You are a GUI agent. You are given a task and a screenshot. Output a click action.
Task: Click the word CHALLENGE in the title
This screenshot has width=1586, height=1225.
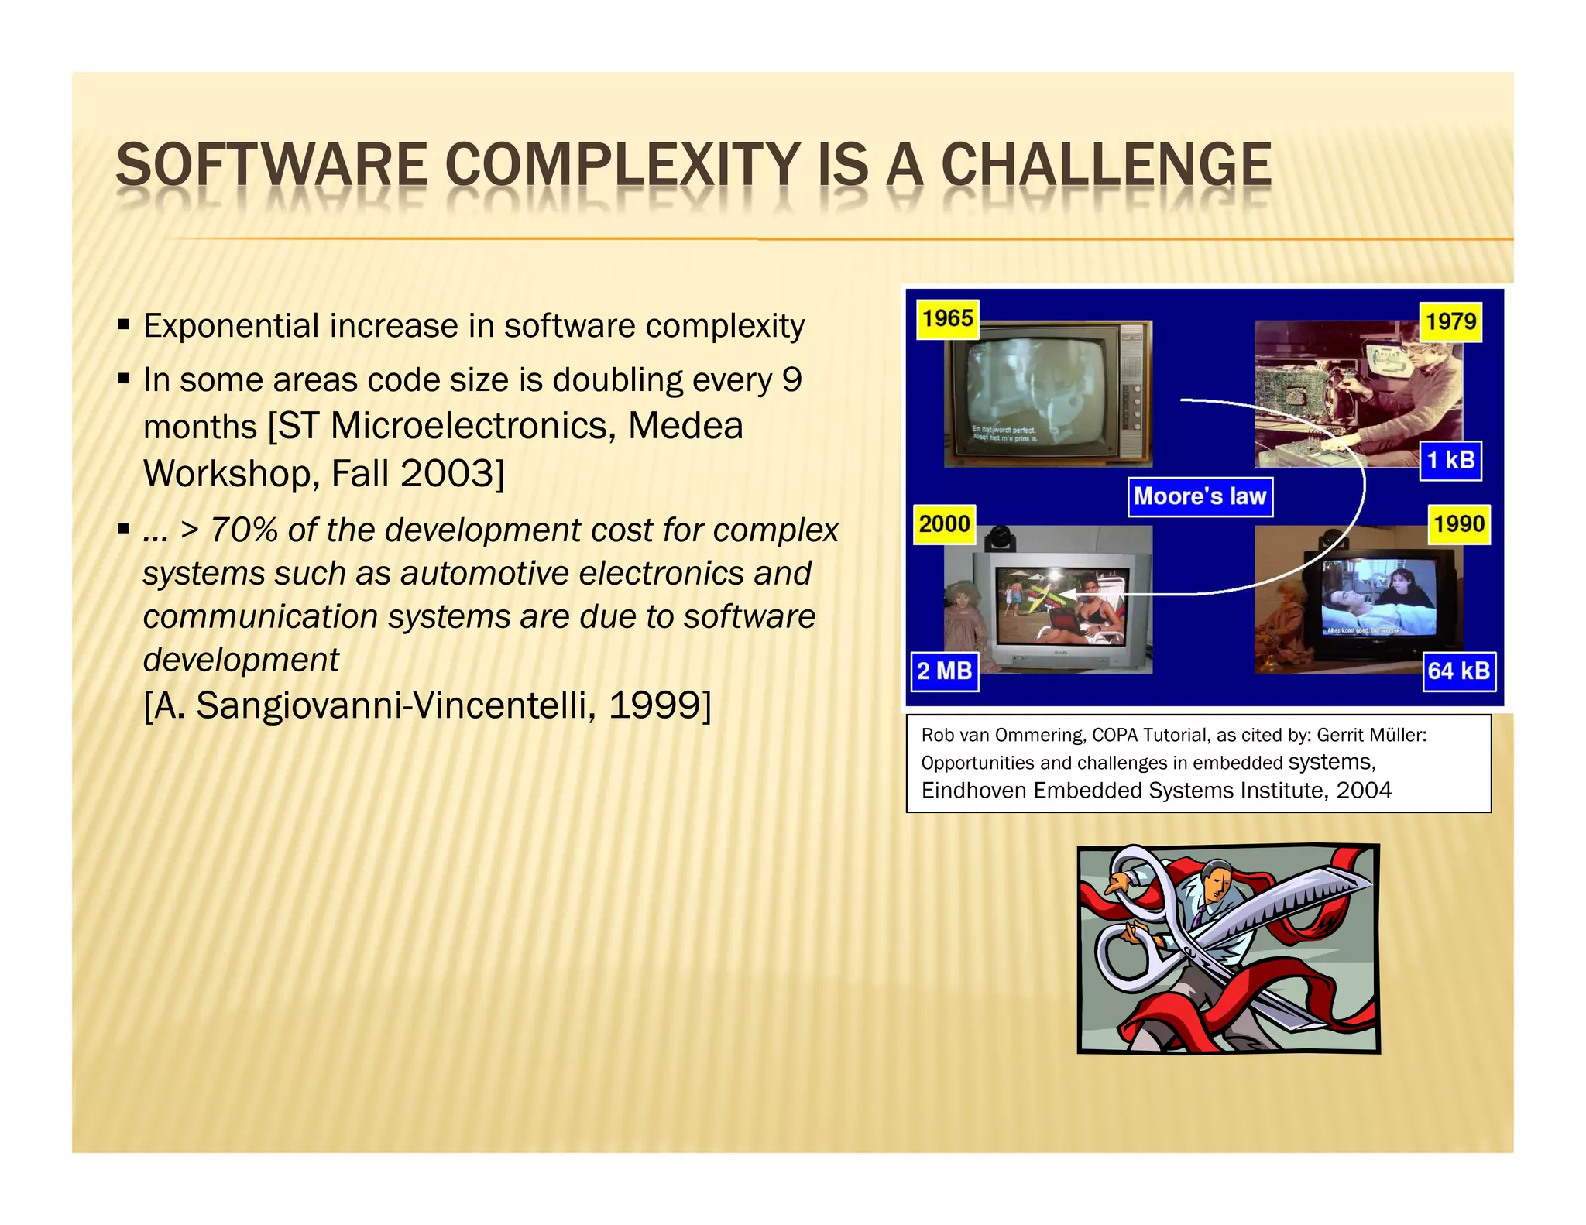pos(1105,165)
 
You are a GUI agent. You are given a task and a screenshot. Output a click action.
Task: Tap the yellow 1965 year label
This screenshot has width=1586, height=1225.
pos(947,319)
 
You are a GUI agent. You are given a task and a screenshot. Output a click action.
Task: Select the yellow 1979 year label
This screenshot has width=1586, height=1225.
pos(1450,321)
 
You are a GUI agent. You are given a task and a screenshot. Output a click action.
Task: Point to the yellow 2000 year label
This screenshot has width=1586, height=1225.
pos(944,524)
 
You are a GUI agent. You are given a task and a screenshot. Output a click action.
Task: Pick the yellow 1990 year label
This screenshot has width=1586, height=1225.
pos(1458,524)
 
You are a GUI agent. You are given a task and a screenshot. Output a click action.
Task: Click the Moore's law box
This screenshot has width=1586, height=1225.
pos(1200,496)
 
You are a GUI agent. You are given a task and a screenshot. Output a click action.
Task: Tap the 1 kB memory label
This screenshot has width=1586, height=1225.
pos(1450,461)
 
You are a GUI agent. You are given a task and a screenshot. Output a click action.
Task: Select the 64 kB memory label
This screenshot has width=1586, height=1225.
pos(1458,671)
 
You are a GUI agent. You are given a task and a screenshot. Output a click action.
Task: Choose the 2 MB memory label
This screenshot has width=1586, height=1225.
pos(944,671)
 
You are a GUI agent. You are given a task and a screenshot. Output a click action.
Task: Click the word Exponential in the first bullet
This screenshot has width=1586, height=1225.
pos(230,326)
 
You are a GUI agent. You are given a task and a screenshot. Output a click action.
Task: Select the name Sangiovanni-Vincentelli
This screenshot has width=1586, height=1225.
pos(396,706)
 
